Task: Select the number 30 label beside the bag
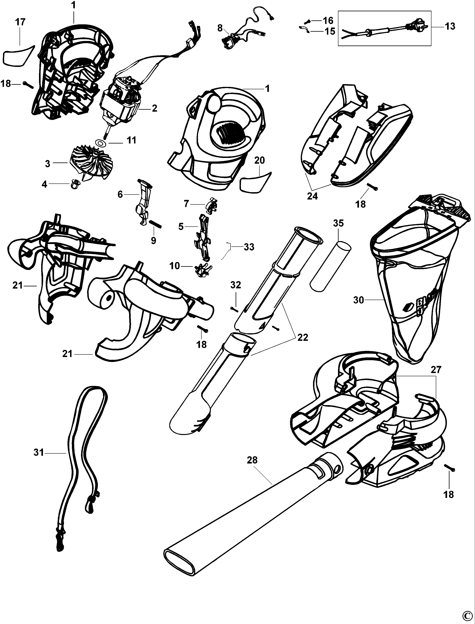coord(359,300)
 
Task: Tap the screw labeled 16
coord(308,21)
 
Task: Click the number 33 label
coord(249,247)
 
